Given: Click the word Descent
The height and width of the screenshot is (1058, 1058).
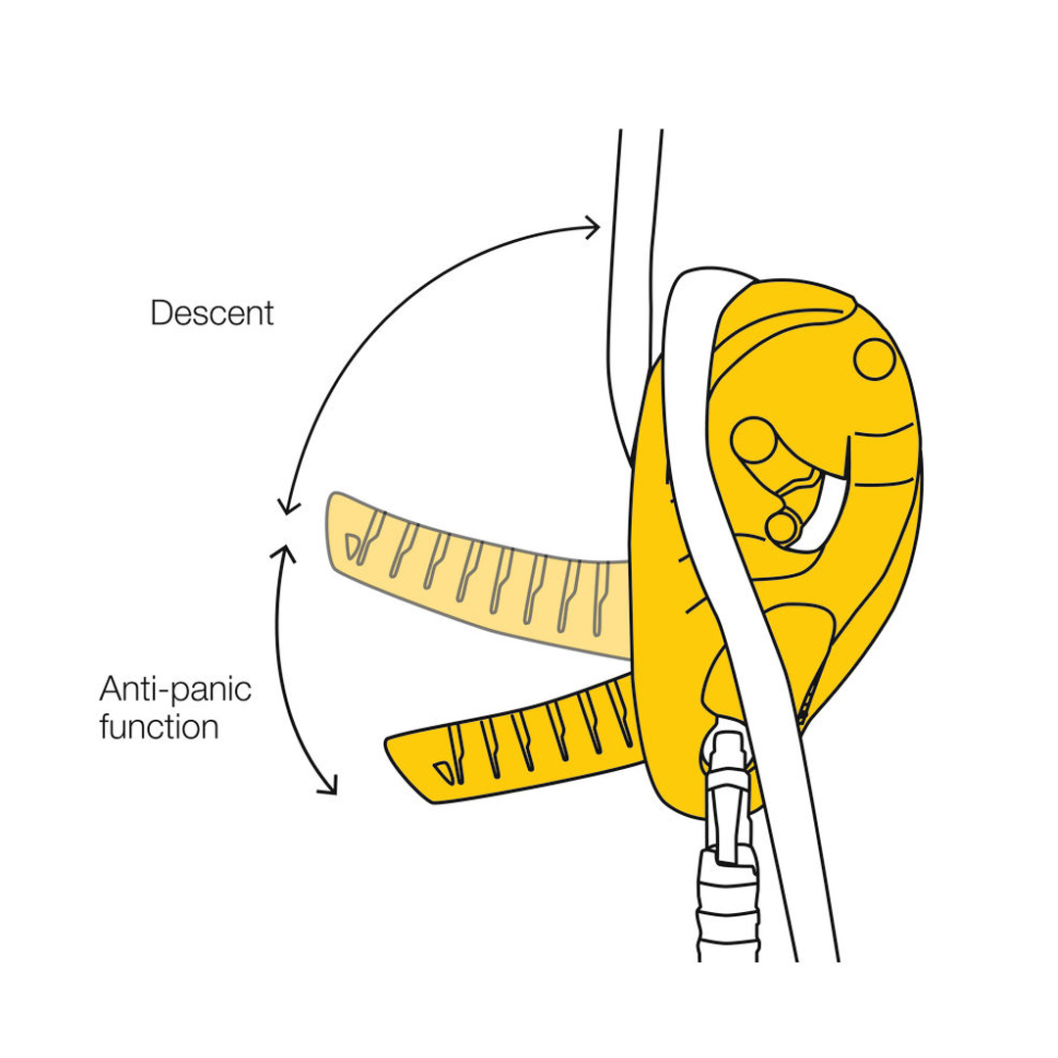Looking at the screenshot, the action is [212, 313].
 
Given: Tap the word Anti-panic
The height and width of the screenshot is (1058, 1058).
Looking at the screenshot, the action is [175, 689].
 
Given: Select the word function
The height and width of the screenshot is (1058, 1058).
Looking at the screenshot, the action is [160, 727].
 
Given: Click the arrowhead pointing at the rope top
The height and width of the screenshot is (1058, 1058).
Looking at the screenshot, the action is [592, 227].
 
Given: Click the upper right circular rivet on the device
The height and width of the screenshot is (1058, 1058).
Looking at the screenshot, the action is [875, 359].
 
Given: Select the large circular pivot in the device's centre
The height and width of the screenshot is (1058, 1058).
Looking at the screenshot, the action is [753, 440].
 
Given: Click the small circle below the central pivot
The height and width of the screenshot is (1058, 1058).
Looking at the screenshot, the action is [782, 527].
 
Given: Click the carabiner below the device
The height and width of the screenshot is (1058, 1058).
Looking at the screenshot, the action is [727, 837].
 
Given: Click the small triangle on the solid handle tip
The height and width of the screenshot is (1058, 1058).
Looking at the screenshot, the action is [442, 772].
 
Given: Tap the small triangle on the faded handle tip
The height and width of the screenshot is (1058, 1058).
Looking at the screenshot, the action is [352, 546].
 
